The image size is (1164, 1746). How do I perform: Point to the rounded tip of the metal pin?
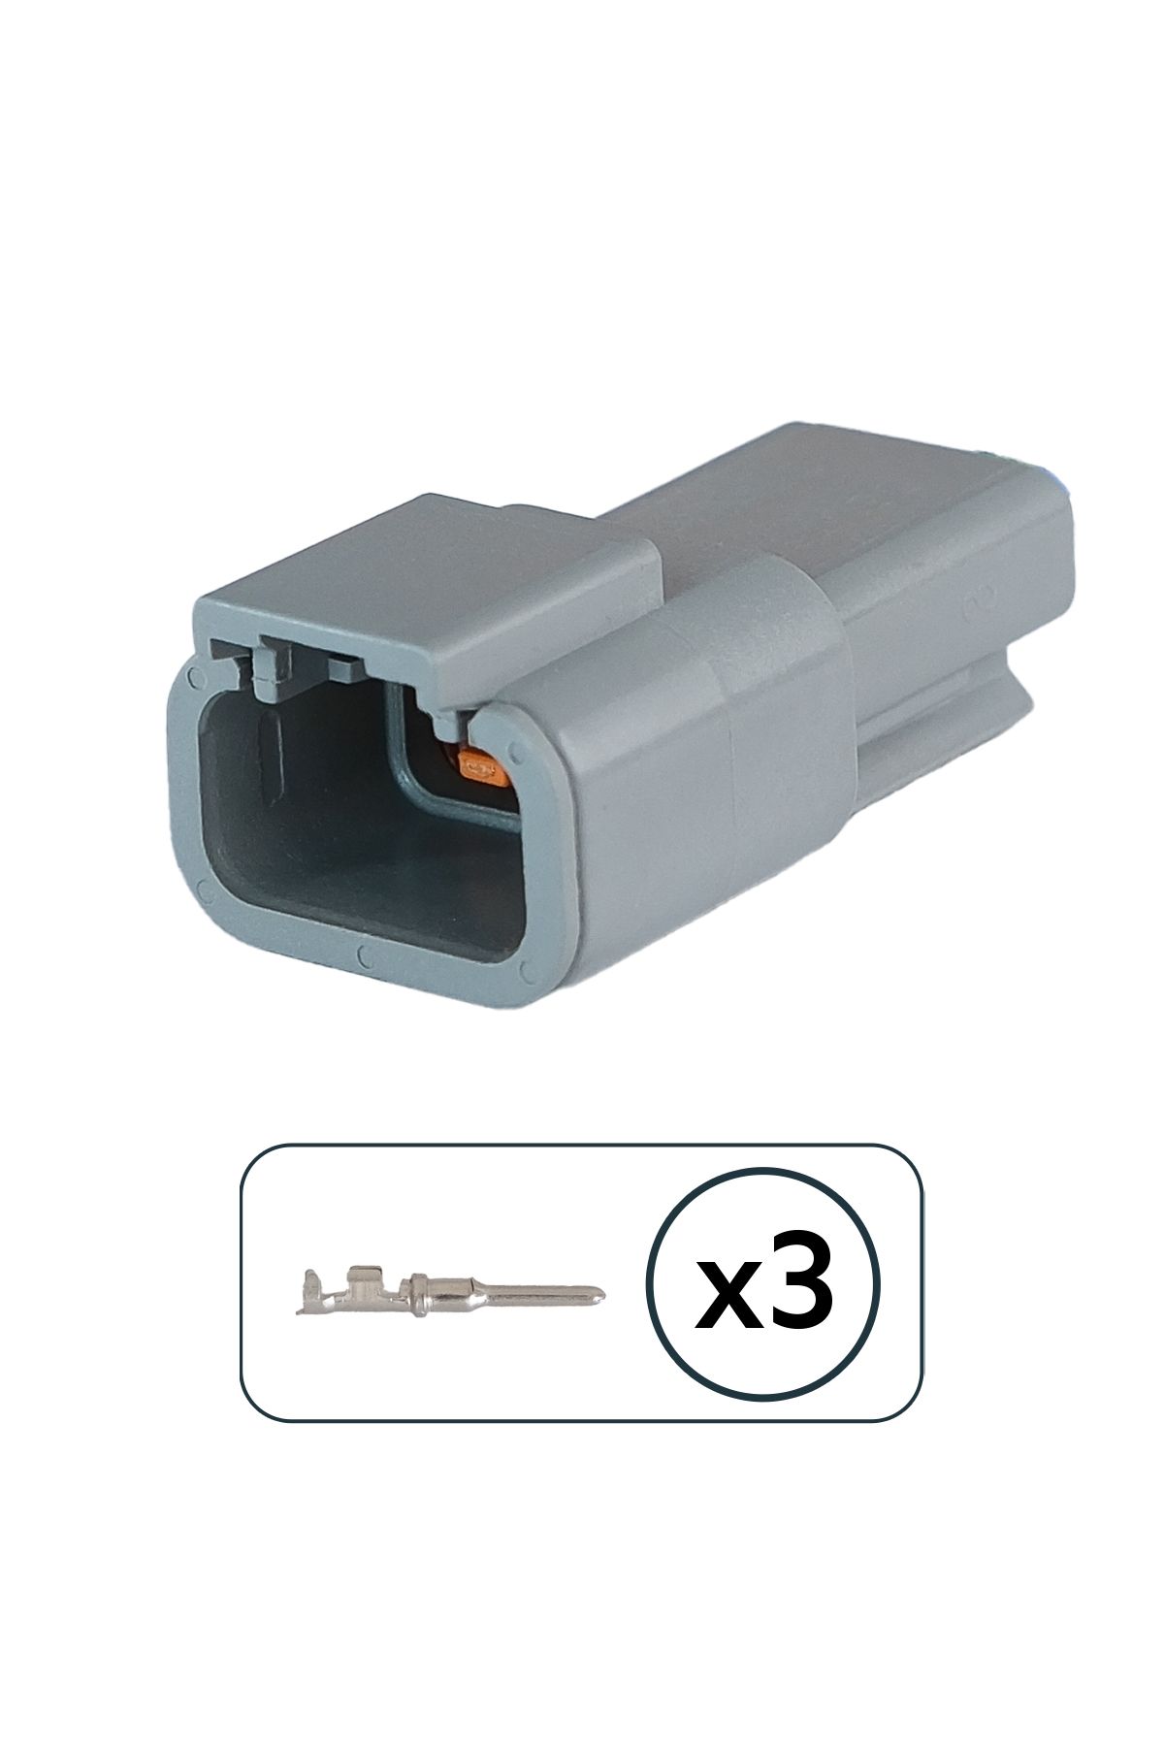click(601, 1293)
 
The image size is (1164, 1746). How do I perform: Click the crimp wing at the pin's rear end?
click(312, 1291)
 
